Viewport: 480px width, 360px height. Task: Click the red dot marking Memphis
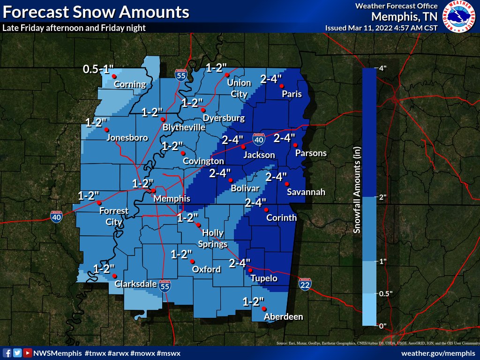pyautogui.click(x=153, y=191)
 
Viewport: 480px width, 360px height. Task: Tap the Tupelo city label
pyautogui.click(x=264, y=278)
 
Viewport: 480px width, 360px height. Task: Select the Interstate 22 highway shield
pyautogui.click(x=305, y=284)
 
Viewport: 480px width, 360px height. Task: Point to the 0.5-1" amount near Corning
pyautogui.click(x=98, y=69)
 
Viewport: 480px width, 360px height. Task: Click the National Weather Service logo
pyautogui.click(x=459, y=16)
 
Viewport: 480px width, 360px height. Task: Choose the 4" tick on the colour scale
pyautogui.click(x=382, y=68)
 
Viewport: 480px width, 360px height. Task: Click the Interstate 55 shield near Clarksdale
pyautogui.click(x=165, y=286)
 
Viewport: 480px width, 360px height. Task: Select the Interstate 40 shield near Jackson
pyautogui.click(x=258, y=139)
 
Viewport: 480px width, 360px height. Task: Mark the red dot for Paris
pyautogui.click(x=282, y=86)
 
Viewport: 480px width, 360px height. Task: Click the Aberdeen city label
pyautogui.click(x=284, y=317)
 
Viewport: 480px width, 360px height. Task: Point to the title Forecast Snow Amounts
pyautogui.click(x=96, y=12)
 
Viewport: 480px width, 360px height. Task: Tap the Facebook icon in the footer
pyautogui.click(x=7, y=352)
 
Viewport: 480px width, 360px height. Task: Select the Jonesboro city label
pyautogui.click(x=127, y=137)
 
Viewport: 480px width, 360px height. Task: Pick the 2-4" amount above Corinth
pyautogui.click(x=257, y=202)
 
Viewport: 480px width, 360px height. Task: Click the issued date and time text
pyautogui.click(x=381, y=28)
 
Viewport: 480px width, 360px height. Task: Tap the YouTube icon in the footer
pyautogui.click(x=28, y=352)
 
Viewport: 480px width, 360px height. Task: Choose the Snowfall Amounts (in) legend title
pyautogui.click(x=356, y=196)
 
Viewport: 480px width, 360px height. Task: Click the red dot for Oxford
pyautogui.click(x=192, y=261)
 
